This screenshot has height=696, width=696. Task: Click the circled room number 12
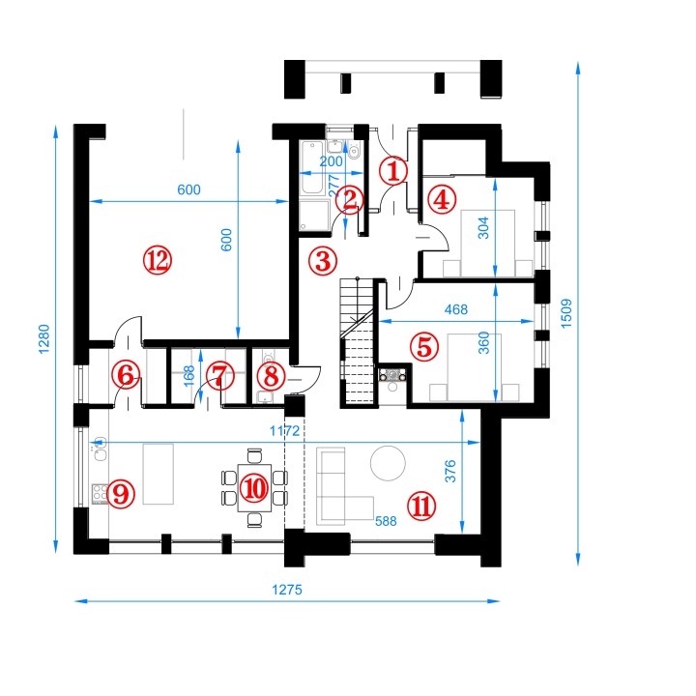158,260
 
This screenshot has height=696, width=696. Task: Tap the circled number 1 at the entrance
393,171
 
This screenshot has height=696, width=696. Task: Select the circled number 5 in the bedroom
424,347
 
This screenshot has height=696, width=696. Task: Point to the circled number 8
272,376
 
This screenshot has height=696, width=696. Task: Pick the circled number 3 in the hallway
323,261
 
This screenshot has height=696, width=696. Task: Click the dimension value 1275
287,590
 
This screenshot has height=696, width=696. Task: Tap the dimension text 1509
566,313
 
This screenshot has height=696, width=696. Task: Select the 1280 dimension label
43,339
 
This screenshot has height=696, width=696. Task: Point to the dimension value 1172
285,430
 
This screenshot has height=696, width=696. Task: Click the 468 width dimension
456,309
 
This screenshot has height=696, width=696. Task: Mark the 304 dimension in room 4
483,228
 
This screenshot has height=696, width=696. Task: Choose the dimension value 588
386,521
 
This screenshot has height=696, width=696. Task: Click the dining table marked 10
254,488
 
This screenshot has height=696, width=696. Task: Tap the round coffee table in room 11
388,463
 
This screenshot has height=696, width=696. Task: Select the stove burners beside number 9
100,494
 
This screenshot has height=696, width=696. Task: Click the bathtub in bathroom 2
312,168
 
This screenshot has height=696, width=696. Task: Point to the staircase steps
357,341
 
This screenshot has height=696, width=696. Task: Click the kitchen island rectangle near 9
158,474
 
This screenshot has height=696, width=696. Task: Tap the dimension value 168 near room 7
188,375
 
